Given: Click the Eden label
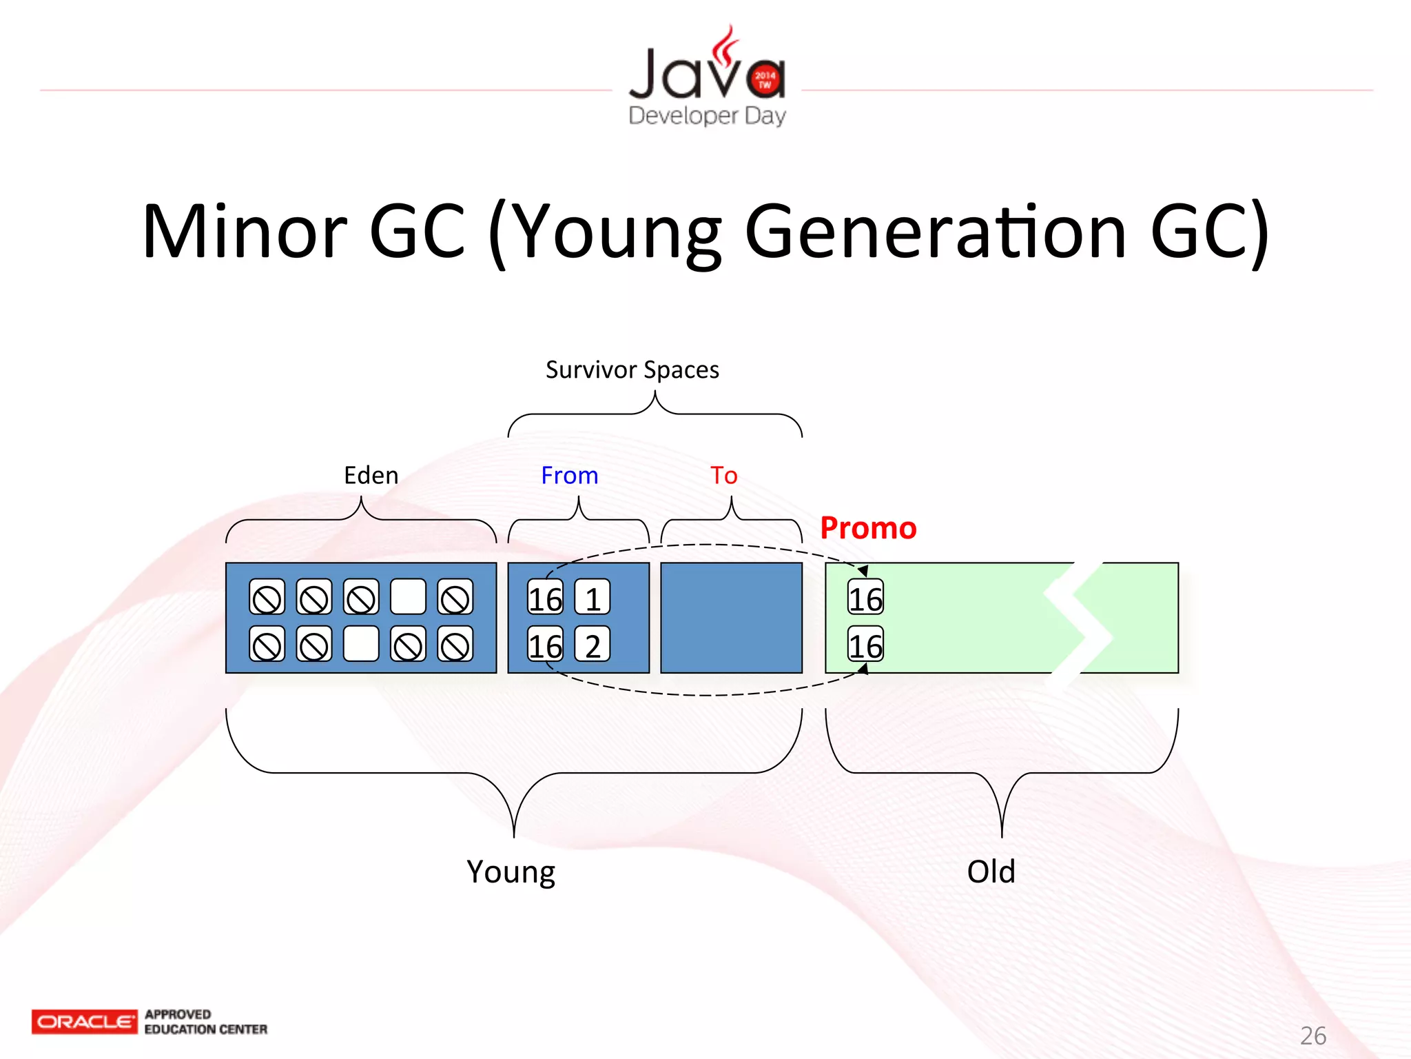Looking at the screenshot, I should point(371,476).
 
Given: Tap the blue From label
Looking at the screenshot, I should point(569,476).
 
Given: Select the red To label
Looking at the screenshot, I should point(723,476).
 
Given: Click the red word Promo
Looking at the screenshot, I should point(868,528).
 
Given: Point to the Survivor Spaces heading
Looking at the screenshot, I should point(632,370).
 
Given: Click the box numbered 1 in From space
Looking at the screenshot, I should point(593,598).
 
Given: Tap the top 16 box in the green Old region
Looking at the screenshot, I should point(865,598).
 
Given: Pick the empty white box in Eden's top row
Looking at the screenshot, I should point(408,597).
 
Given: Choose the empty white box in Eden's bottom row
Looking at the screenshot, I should point(361,644).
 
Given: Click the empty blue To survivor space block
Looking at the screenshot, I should point(731,618).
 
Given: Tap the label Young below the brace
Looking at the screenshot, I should point(511,871).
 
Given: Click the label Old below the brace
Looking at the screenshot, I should point(991,871).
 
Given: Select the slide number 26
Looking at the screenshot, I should point(1312,1036).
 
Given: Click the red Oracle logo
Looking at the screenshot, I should point(84,1021).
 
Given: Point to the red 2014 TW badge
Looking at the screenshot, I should point(765,79).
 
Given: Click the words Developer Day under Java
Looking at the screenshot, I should point(707,115).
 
